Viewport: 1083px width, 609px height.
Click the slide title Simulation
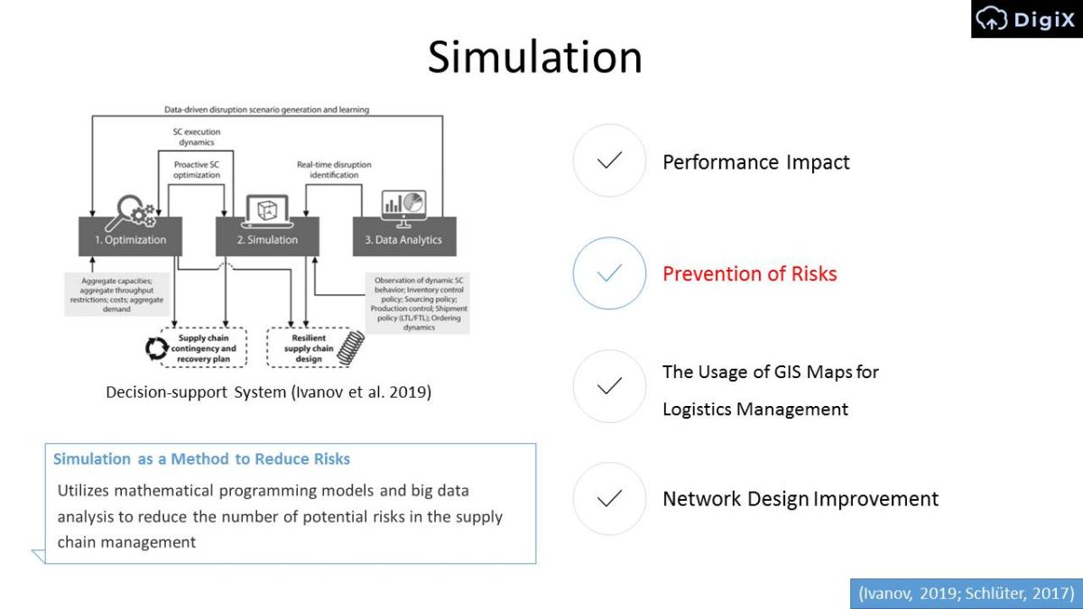[534, 57]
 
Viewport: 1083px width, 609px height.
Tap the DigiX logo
[1026, 19]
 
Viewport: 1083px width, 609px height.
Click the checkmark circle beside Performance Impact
[609, 161]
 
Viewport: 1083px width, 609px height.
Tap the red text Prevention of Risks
[749, 273]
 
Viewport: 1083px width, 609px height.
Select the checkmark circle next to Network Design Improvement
[609, 499]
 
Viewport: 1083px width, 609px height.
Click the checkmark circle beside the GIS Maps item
[609, 386]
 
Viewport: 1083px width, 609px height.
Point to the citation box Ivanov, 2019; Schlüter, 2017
[966, 593]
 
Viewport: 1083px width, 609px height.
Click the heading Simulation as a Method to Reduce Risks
[201, 458]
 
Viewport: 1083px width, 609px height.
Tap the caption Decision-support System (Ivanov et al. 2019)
[268, 392]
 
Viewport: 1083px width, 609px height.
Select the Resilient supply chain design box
[310, 347]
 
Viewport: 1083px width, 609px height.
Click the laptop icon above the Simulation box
[267, 209]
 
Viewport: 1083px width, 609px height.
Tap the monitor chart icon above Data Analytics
[403, 208]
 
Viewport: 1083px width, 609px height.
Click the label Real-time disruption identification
[334, 171]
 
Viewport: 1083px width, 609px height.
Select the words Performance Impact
[755, 162]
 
